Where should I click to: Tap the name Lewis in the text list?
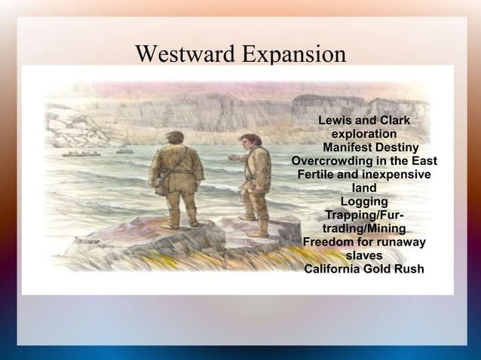tap(335, 121)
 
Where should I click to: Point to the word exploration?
tap(364, 135)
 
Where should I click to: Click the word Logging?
tap(364, 202)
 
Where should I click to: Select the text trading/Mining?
tap(364, 229)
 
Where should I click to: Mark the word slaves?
tap(364, 256)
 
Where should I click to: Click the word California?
tap(337, 270)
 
